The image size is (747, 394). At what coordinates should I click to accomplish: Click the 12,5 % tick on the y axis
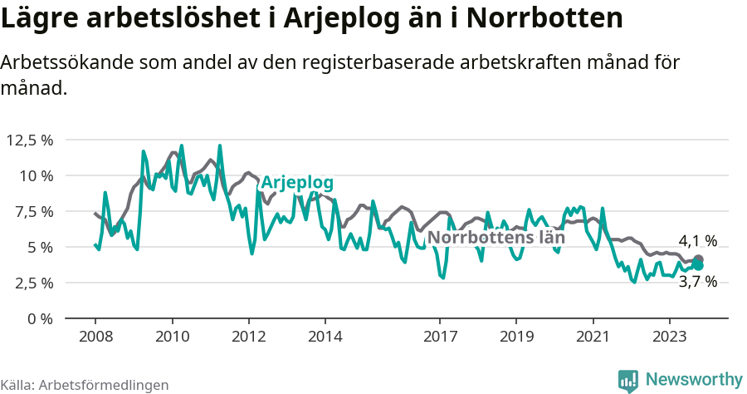click(29, 140)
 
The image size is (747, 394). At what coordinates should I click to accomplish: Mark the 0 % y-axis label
click(40, 318)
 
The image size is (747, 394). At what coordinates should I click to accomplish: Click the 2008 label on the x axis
click(95, 337)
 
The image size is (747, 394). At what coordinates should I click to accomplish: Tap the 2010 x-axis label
click(172, 337)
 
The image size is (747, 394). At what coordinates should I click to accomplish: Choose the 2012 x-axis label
click(248, 337)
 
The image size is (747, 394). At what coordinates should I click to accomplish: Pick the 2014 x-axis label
click(325, 337)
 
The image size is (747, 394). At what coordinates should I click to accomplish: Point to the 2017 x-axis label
click(440, 337)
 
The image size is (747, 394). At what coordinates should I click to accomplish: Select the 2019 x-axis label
click(516, 337)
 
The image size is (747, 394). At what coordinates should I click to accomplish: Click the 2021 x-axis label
click(593, 337)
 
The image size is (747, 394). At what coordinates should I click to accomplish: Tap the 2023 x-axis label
click(669, 337)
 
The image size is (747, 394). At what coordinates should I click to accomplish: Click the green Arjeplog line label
click(297, 183)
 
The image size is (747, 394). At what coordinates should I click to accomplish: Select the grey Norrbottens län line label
click(496, 237)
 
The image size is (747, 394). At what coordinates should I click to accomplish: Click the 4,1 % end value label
click(697, 241)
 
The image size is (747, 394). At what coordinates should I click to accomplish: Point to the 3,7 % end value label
click(697, 282)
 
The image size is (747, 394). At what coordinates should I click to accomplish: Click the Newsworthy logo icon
click(628, 380)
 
